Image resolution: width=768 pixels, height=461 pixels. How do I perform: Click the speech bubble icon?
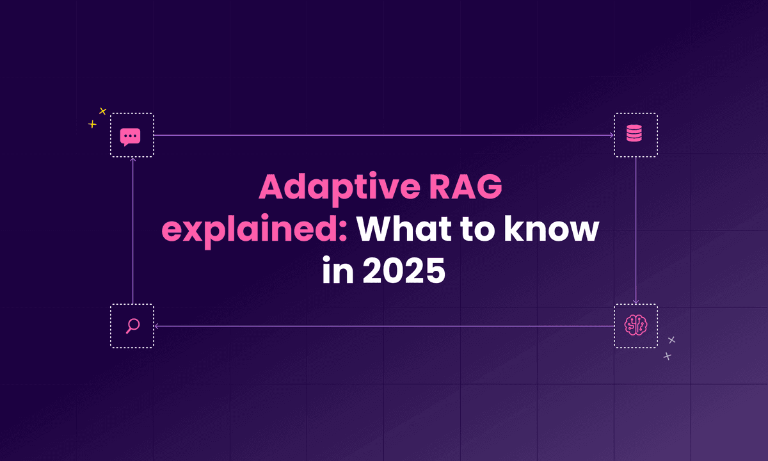(131, 136)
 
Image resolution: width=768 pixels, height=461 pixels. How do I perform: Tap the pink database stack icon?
(635, 135)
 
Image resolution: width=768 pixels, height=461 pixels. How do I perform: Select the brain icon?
(636, 326)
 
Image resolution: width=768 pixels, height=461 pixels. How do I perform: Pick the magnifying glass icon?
(132, 326)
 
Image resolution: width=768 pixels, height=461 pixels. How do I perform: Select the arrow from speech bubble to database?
(384, 135)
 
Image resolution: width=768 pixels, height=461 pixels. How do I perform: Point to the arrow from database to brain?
(636, 230)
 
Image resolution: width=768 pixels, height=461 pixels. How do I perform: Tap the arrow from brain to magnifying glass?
(384, 326)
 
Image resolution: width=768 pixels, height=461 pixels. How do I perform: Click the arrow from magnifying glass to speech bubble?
(132, 230)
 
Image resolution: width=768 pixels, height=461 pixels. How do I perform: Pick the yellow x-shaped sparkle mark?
(102, 111)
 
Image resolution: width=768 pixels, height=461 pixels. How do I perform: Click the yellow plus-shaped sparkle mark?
(92, 124)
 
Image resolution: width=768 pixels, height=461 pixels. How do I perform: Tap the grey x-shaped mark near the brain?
(671, 340)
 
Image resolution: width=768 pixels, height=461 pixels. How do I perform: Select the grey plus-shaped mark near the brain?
(668, 356)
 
